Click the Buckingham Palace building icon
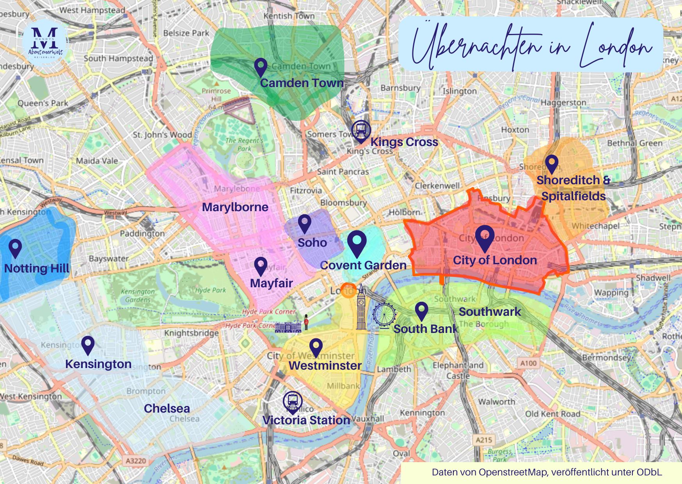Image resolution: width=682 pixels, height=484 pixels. (288, 327)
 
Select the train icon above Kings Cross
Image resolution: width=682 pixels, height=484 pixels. (361, 130)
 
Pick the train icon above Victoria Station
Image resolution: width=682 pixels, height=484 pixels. (293, 401)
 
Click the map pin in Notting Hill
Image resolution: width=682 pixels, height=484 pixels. (15, 247)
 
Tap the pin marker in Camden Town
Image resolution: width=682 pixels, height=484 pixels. (260, 67)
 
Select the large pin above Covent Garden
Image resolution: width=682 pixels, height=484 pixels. (357, 242)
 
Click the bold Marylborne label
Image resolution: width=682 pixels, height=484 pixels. (235, 207)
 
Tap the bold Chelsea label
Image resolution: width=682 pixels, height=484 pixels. (167, 408)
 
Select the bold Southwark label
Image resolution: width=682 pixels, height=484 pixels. (490, 311)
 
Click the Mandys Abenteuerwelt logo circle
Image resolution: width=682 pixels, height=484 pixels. (46, 41)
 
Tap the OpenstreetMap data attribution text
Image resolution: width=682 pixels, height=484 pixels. (546, 472)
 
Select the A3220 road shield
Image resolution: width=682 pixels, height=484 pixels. (136, 461)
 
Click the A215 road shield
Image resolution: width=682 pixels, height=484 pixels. (484, 440)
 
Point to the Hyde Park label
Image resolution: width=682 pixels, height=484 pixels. (211, 290)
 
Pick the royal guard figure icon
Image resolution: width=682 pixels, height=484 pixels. (306, 322)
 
